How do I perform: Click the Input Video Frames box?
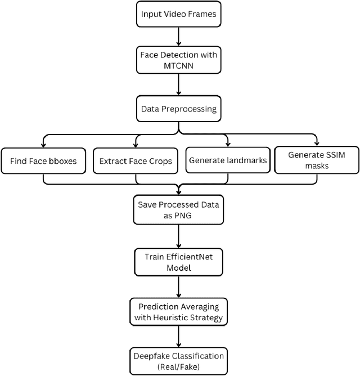178,14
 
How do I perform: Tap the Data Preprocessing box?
178,109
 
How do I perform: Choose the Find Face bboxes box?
43,161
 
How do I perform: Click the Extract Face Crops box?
135,161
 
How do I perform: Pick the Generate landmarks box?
228,160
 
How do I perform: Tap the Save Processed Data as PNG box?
178,209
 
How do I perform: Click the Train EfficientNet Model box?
178,263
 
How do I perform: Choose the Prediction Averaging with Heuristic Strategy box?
178,311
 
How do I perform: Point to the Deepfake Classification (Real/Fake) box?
178,360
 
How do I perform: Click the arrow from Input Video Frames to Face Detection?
178,37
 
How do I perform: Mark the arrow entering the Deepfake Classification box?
178,336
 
